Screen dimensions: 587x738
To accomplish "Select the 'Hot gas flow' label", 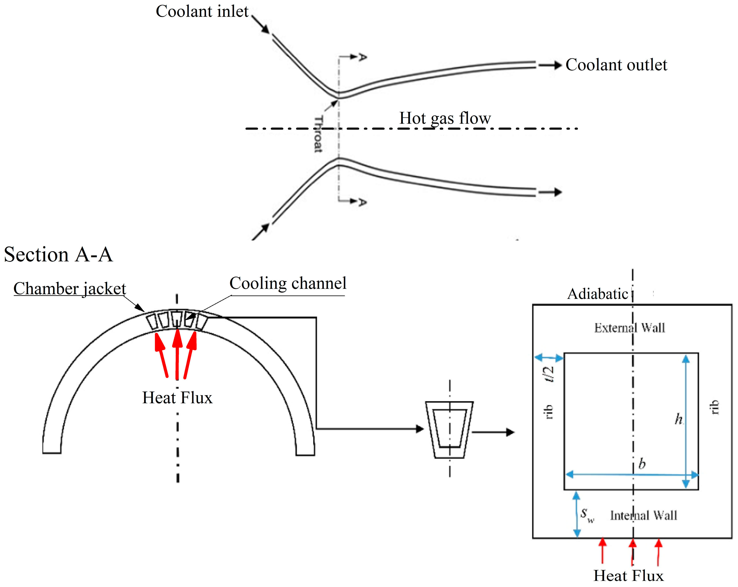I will tap(445, 119).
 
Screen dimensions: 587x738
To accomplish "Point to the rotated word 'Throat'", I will tap(318, 134).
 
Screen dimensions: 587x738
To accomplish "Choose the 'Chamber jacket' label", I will tap(70, 289).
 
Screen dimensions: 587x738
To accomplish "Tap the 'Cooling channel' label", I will tap(288, 284).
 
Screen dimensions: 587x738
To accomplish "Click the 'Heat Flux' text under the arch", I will tap(177, 398).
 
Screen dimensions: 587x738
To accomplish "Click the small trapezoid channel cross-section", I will tap(449, 430).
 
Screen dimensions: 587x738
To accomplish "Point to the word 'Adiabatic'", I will tap(597, 294).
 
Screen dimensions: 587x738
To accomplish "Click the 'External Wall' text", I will tap(629, 328).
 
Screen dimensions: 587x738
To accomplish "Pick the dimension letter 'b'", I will tap(642, 464).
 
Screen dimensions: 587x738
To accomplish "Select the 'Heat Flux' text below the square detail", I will tap(628, 576).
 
